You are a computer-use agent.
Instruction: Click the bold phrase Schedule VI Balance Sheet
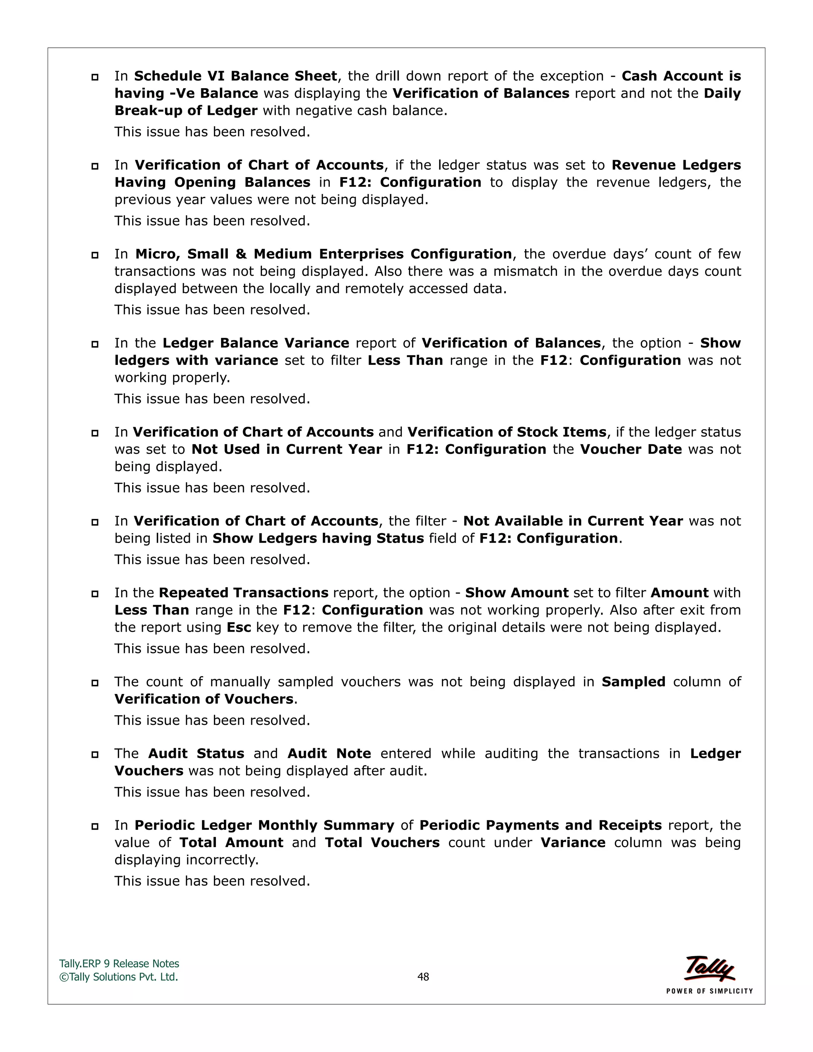pos(235,76)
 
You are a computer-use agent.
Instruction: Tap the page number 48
pos(423,977)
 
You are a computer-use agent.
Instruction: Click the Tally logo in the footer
pos(709,969)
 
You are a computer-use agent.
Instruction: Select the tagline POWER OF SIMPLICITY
pos(709,991)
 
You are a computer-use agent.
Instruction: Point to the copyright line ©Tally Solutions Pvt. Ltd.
pos(118,977)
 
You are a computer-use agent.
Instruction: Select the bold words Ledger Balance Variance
pos(256,343)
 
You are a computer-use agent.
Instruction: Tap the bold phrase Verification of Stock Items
pos(507,432)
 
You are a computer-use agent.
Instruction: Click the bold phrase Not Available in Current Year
pos(573,521)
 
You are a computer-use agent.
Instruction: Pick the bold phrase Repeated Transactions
pos(243,593)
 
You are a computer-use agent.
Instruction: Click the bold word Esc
pos(239,628)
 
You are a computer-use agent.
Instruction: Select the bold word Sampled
pos(633,682)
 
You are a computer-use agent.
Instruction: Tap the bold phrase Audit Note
pos(329,754)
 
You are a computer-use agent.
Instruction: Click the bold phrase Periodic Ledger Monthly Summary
pos(264,826)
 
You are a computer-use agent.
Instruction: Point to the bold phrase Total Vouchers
pos(382,843)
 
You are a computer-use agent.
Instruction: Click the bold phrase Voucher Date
pos(631,449)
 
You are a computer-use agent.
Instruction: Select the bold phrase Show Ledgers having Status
pos(318,539)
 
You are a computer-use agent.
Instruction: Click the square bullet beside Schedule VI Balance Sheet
pos(95,77)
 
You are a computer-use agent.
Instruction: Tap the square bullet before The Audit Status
pos(95,755)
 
